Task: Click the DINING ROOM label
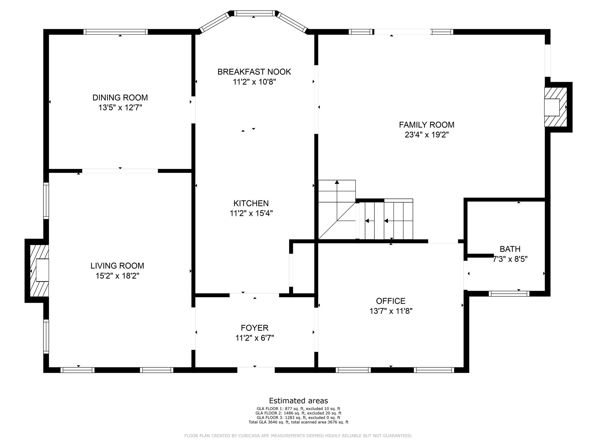point(120,97)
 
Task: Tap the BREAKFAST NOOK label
point(254,72)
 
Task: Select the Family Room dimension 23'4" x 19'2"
point(426,135)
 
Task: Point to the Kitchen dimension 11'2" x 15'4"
point(251,213)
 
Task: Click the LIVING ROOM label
point(117,266)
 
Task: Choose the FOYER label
point(254,328)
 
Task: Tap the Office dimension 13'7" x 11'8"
point(391,311)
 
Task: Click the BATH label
point(510,249)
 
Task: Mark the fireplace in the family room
point(556,107)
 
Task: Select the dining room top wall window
point(116,32)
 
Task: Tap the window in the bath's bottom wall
point(509,293)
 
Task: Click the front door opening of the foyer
point(256,370)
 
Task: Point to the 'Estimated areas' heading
point(298,401)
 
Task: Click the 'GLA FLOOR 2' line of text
point(298,413)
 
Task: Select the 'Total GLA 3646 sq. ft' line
point(298,422)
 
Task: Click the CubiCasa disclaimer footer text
point(298,436)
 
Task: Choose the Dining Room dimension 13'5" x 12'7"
point(120,108)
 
